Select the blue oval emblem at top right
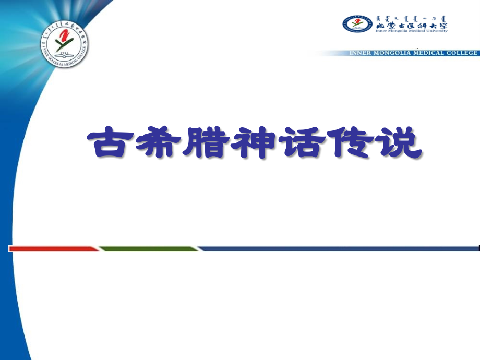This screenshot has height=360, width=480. click(357, 23)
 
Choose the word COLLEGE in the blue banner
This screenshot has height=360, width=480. click(462, 53)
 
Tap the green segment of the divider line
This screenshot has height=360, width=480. click(149, 248)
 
